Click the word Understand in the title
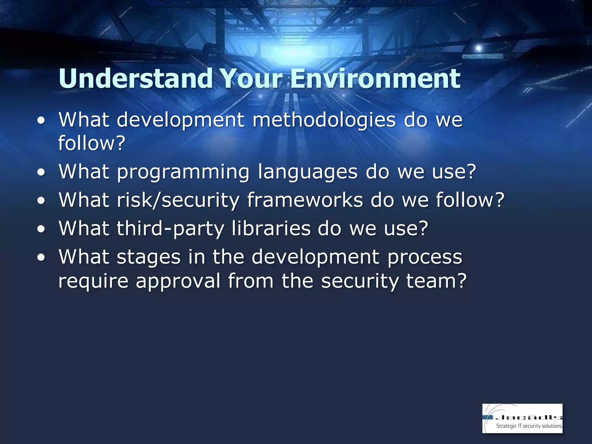point(136,79)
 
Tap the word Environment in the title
point(375,79)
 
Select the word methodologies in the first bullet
point(324,120)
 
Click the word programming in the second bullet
point(183,172)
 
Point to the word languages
point(308,172)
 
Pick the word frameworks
point(305,200)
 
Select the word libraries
point(271,228)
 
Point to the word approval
point(178,281)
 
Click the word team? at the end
point(436,281)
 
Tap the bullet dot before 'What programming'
point(41,173)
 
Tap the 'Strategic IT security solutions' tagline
point(529,426)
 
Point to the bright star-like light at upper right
point(478,48)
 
